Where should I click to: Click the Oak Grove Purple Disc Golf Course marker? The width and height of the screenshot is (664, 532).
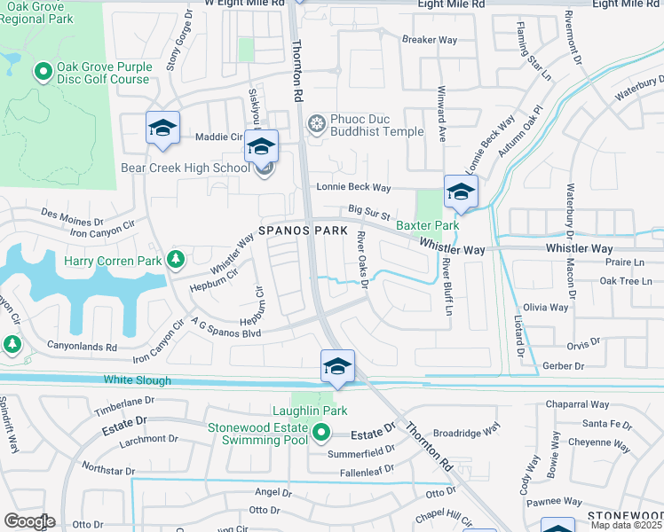tap(42, 70)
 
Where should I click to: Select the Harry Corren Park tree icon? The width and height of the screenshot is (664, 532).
tap(176, 259)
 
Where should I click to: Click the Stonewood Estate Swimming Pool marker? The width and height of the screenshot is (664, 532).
tap(320, 434)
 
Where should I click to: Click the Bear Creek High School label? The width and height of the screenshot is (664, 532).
tap(185, 168)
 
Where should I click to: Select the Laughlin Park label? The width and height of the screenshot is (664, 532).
tap(309, 411)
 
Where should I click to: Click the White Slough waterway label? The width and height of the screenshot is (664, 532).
tap(137, 381)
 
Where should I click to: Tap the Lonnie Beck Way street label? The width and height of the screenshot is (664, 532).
tap(355, 188)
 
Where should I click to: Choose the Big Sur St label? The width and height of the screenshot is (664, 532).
tap(368, 213)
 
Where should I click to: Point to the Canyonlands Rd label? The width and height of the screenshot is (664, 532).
tap(75, 347)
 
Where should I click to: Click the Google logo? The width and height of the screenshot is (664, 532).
tap(28, 521)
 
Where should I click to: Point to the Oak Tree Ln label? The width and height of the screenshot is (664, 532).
tap(626, 282)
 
